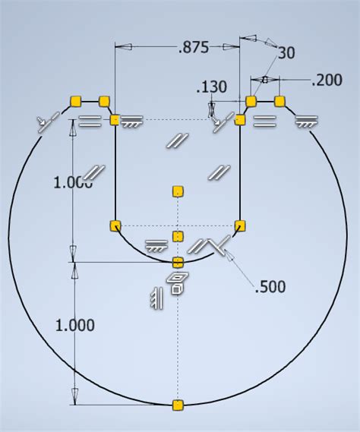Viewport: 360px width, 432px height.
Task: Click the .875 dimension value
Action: pos(193,47)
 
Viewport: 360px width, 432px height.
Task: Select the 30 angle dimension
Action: pos(286,52)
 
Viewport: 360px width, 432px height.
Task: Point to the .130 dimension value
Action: pos(211,87)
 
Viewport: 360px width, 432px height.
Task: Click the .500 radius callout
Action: pos(271,286)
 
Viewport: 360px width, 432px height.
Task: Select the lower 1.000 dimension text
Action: pos(74,325)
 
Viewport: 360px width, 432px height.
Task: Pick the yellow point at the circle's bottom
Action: pos(178,405)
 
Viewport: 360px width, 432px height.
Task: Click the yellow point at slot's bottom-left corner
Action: pos(115,225)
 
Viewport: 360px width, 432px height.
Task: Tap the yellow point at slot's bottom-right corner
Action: pos(240,225)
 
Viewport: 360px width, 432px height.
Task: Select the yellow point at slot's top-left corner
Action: pos(115,120)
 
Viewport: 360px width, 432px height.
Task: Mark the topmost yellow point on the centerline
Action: pos(178,190)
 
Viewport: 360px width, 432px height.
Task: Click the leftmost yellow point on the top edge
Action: pos(75,100)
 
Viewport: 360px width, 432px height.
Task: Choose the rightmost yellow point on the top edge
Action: pos(279,100)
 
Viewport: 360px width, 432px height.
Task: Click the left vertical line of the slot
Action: pos(115,175)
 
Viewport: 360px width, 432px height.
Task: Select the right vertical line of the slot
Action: pos(240,175)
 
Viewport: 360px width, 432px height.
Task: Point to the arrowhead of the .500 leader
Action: pos(226,252)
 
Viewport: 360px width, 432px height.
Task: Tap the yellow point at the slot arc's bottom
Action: pos(178,262)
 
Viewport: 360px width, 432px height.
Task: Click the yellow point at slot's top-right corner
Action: pos(240,120)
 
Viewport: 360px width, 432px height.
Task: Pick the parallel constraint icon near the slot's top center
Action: pos(178,140)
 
